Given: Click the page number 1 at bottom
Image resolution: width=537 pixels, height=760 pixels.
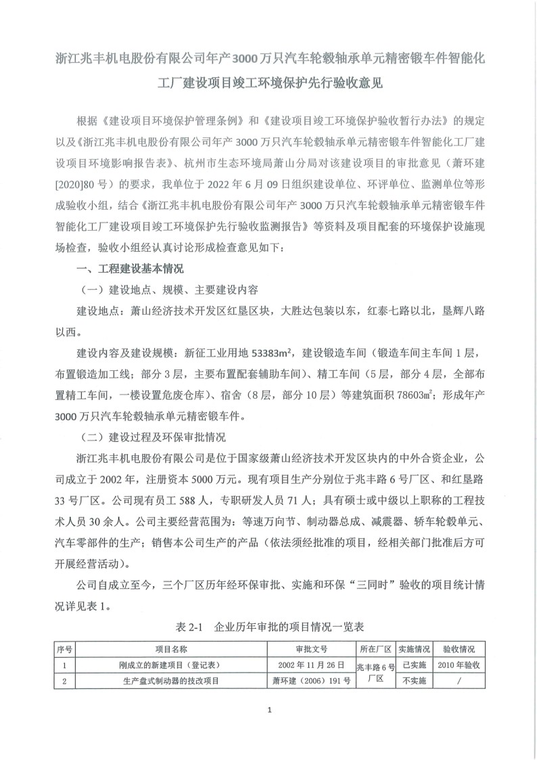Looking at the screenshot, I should point(269,710).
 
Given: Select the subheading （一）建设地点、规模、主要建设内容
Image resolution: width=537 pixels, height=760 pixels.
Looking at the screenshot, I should point(169,290).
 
